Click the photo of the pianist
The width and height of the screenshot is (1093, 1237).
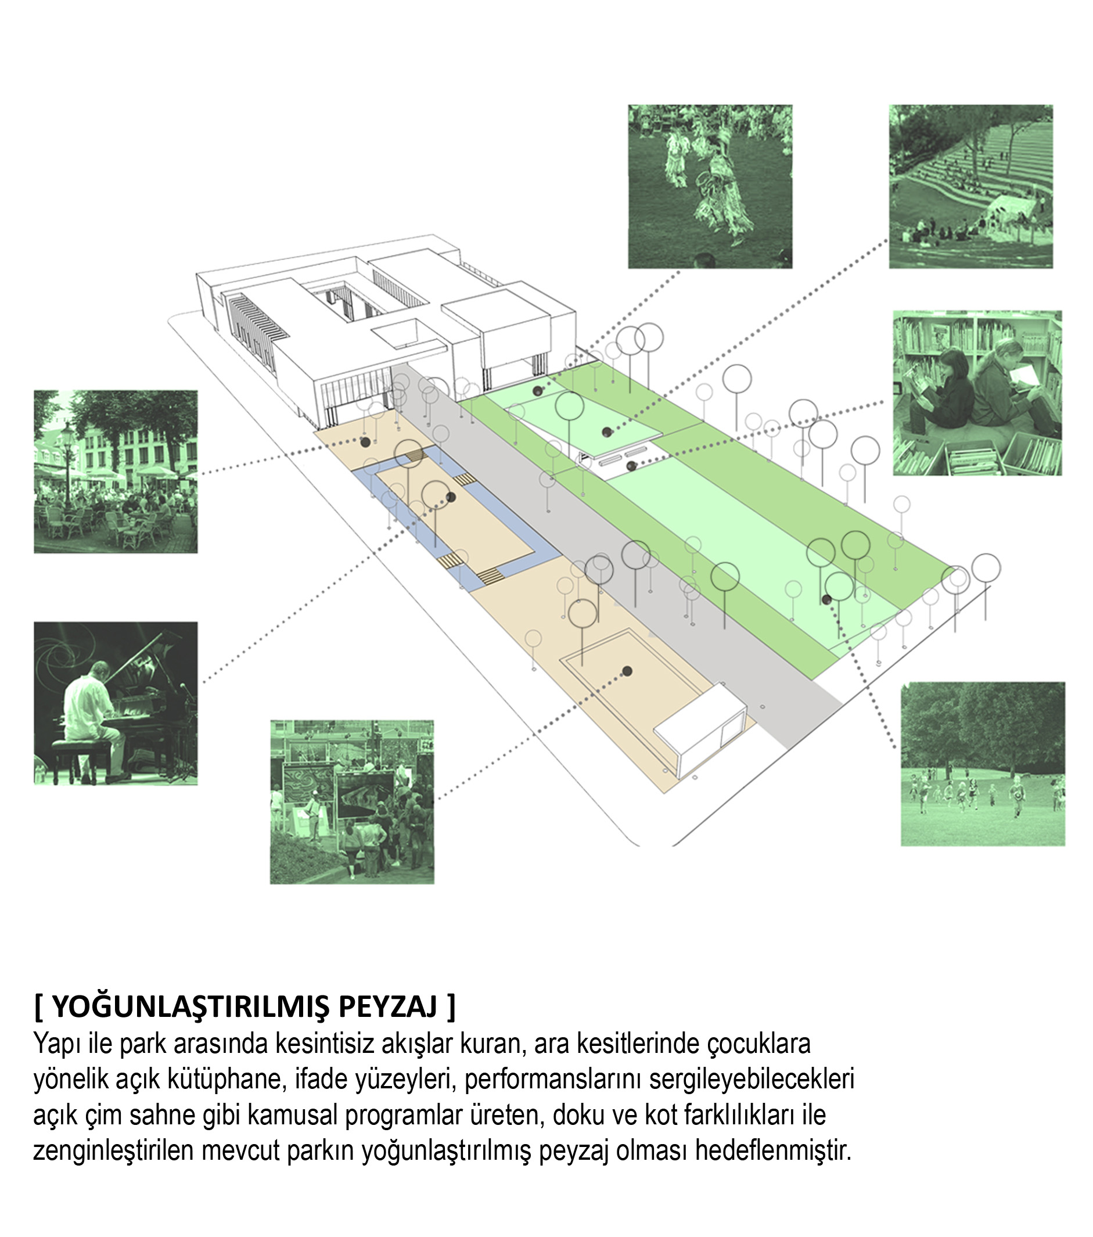click(x=116, y=703)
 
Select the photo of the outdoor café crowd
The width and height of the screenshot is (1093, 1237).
click(x=116, y=472)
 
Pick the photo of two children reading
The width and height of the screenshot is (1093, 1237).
click(x=977, y=393)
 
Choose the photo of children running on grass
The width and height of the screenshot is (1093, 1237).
click(x=983, y=764)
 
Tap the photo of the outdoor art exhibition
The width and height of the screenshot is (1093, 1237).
click(x=352, y=802)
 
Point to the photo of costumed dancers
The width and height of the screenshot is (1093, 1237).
click(x=710, y=186)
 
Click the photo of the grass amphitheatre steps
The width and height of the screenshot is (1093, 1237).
click(x=970, y=186)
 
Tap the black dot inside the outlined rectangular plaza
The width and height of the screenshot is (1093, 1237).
click(x=628, y=671)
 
